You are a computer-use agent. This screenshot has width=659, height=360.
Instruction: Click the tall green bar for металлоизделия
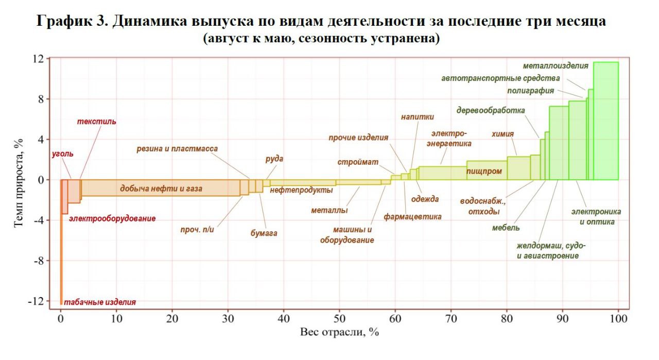tap(606, 121)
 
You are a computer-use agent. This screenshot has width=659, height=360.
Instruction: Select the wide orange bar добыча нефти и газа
tap(161, 188)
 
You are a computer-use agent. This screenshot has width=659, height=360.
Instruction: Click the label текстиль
tap(96, 122)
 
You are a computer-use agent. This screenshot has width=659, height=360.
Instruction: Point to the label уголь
tap(63, 153)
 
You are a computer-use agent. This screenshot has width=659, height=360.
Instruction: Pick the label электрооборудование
tap(112, 219)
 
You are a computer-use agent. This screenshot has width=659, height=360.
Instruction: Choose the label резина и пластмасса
tap(177, 149)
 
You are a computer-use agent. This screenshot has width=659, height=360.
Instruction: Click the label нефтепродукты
tap(301, 190)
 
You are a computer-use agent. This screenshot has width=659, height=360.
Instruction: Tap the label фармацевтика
tap(412, 217)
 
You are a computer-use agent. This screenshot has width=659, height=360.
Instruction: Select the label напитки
tap(417, 117)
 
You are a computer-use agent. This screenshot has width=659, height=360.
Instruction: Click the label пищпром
tap(484, 172)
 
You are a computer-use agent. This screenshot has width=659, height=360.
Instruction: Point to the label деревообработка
tap(491, 110)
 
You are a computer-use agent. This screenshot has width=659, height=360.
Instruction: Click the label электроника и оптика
tap(596, 217)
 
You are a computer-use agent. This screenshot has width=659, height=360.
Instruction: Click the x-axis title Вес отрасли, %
tap(339, 333)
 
